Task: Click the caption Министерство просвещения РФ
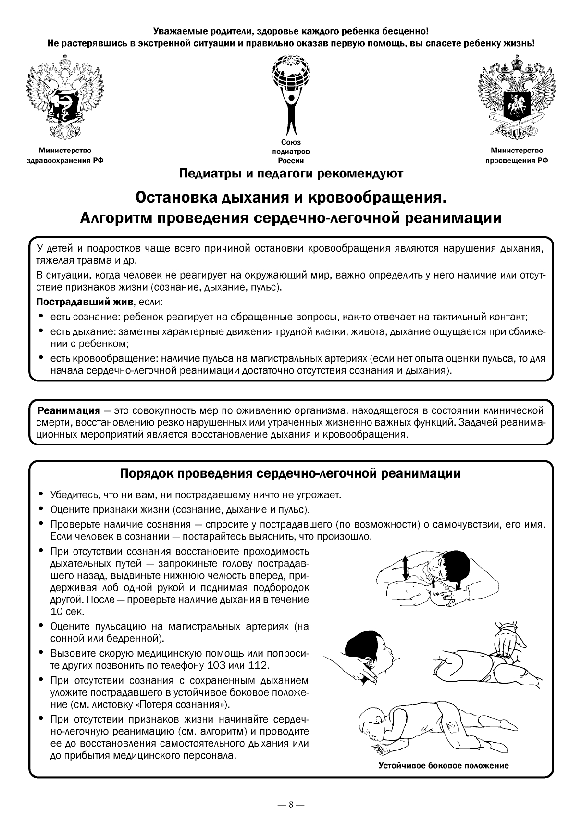(x=517, y=156)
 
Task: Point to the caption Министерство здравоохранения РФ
(x=65, y=156)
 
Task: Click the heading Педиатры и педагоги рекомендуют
(x=291, y=173)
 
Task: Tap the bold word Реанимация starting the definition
(x=69, y=411)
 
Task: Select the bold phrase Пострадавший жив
(x=85, y=303)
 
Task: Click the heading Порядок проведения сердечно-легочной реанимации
(x=290, y=474)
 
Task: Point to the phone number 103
(x=217, y=666)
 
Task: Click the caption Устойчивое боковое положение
(x=443, y=765)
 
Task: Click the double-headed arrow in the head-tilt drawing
(x=405, y=568)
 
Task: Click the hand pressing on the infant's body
(x=507, y=645)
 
